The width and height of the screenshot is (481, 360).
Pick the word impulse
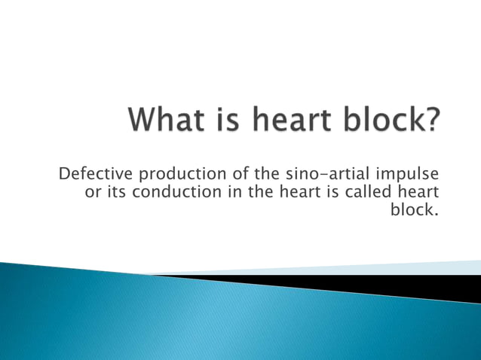407,176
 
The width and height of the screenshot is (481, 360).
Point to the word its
116,193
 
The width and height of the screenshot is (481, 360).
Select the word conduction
171,193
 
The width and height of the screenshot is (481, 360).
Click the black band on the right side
422,287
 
